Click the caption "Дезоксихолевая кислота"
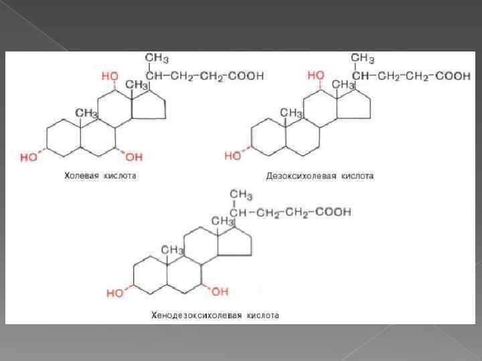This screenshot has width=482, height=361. click(x=319, y=176)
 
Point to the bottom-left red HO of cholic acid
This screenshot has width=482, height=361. click(x=29, y=157)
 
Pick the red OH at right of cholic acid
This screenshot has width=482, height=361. click(x=134, y=157)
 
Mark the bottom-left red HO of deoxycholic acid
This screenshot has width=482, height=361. click(x=233, y=156)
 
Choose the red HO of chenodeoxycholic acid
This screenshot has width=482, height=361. click(x=114, y=292)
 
